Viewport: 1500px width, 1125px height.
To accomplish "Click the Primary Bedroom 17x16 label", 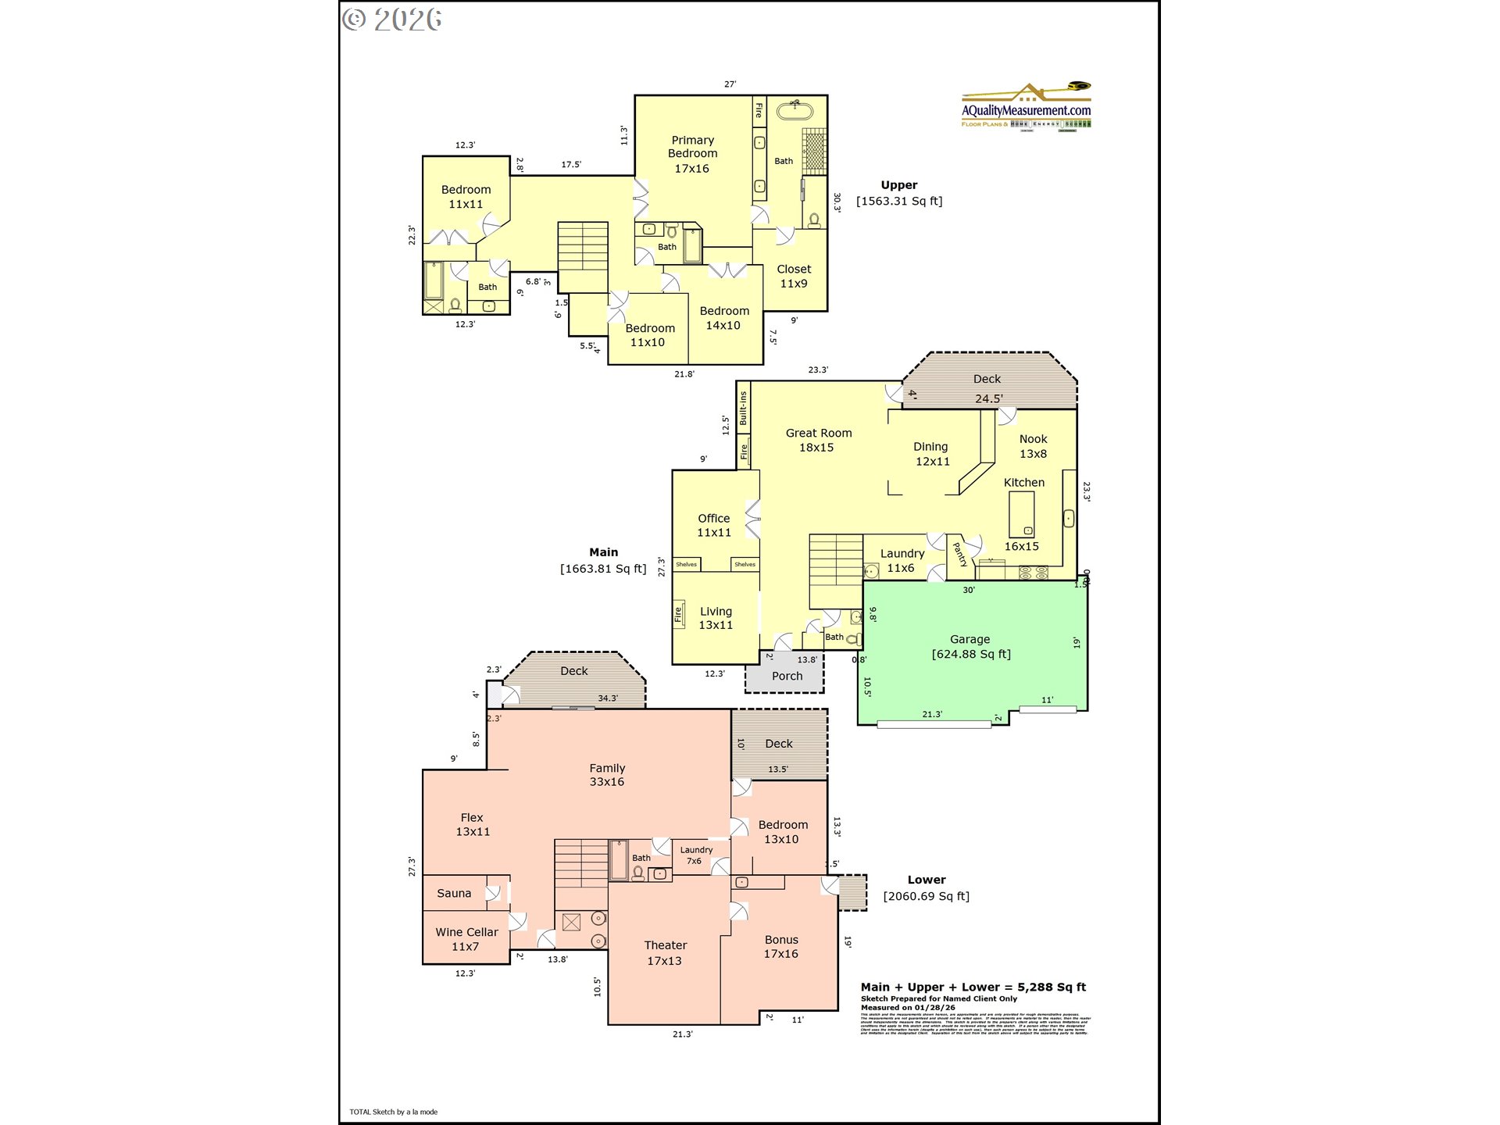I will click(692, 154).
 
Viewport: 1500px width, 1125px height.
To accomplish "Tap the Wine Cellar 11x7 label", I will click(466, 939).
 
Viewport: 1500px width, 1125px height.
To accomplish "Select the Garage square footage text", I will click(971, 654).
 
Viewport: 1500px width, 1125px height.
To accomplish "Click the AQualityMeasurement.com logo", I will click(1026, 108).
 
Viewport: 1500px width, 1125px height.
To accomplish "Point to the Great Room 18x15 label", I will click(818, 440).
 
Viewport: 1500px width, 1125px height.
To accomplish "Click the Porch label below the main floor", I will click(787, 676).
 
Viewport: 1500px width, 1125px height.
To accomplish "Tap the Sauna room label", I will click(454, 893).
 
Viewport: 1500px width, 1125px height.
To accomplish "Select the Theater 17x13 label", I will click(665, 952).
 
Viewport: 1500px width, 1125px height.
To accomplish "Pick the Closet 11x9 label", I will click(794, 276).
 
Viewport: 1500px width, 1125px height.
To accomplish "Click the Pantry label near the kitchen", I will click(960, 555).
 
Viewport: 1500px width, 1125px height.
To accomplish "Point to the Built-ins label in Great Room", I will click(743, 408).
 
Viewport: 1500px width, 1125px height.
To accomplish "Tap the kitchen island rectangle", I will click(1021, 514).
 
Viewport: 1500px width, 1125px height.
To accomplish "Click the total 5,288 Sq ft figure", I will click(1052, 987).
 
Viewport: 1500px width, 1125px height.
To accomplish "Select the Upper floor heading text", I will click(899, 185).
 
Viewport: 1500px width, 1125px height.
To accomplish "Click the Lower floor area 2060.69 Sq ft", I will click(926, 896).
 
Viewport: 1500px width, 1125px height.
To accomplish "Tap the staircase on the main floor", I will click(835, 570).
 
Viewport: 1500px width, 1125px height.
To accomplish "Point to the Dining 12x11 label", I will click(931, 453).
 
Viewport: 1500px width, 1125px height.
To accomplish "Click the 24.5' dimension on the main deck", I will click(988, 398).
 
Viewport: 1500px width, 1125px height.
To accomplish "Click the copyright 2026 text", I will click(392, 20).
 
